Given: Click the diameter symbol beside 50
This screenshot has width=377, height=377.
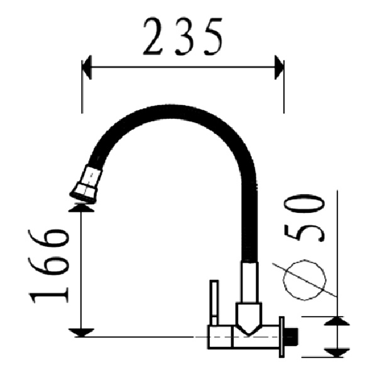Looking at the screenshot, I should pyautogui.click(x=305, y=278).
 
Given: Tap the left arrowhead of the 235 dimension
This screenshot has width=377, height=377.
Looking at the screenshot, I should pyautogui.click(x=87, y=68).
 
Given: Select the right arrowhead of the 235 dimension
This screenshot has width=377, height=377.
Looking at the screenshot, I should pyautogui.click(x=278, y=68).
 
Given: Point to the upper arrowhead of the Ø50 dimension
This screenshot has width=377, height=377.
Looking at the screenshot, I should pyautogui.click(x=337, y=321).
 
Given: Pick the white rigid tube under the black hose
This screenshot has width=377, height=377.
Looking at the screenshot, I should pyautogui.click(x=249, y=283).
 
